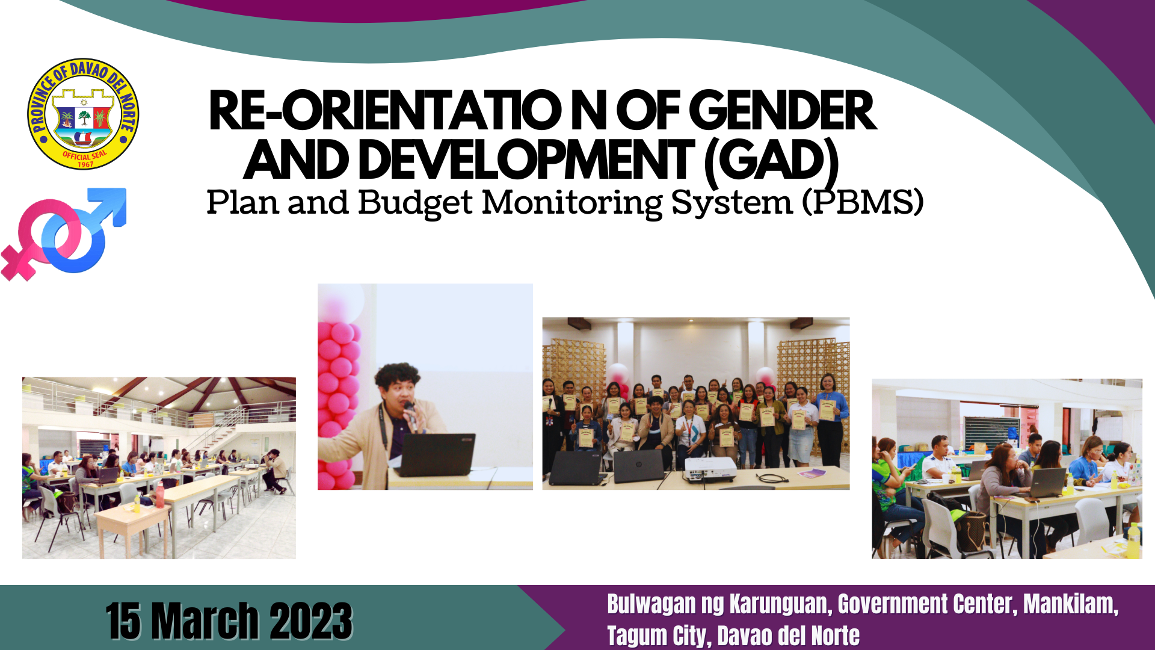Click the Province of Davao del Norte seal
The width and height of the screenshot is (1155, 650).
click(x=83, y=114)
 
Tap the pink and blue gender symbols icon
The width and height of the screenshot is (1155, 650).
click(x=64, y=234)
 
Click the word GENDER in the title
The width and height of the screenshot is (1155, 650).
click(x=782, y=111)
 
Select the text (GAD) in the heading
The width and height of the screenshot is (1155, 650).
click(x=771, y=160)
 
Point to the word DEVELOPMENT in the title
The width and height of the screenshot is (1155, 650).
click(x=526, y=160)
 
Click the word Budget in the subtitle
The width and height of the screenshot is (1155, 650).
click(x=415, y=203)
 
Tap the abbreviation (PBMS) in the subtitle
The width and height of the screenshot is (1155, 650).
click(x=863, y=202)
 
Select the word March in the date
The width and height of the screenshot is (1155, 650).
click(x=205, y=621)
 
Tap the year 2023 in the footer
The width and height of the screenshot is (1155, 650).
click(x=311, y=621)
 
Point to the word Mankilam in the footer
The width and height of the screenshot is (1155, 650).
click(x=1071, y=604)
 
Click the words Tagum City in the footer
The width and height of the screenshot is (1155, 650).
click(x=659, y=636)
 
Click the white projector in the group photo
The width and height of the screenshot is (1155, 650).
click(x=710, y=469)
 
